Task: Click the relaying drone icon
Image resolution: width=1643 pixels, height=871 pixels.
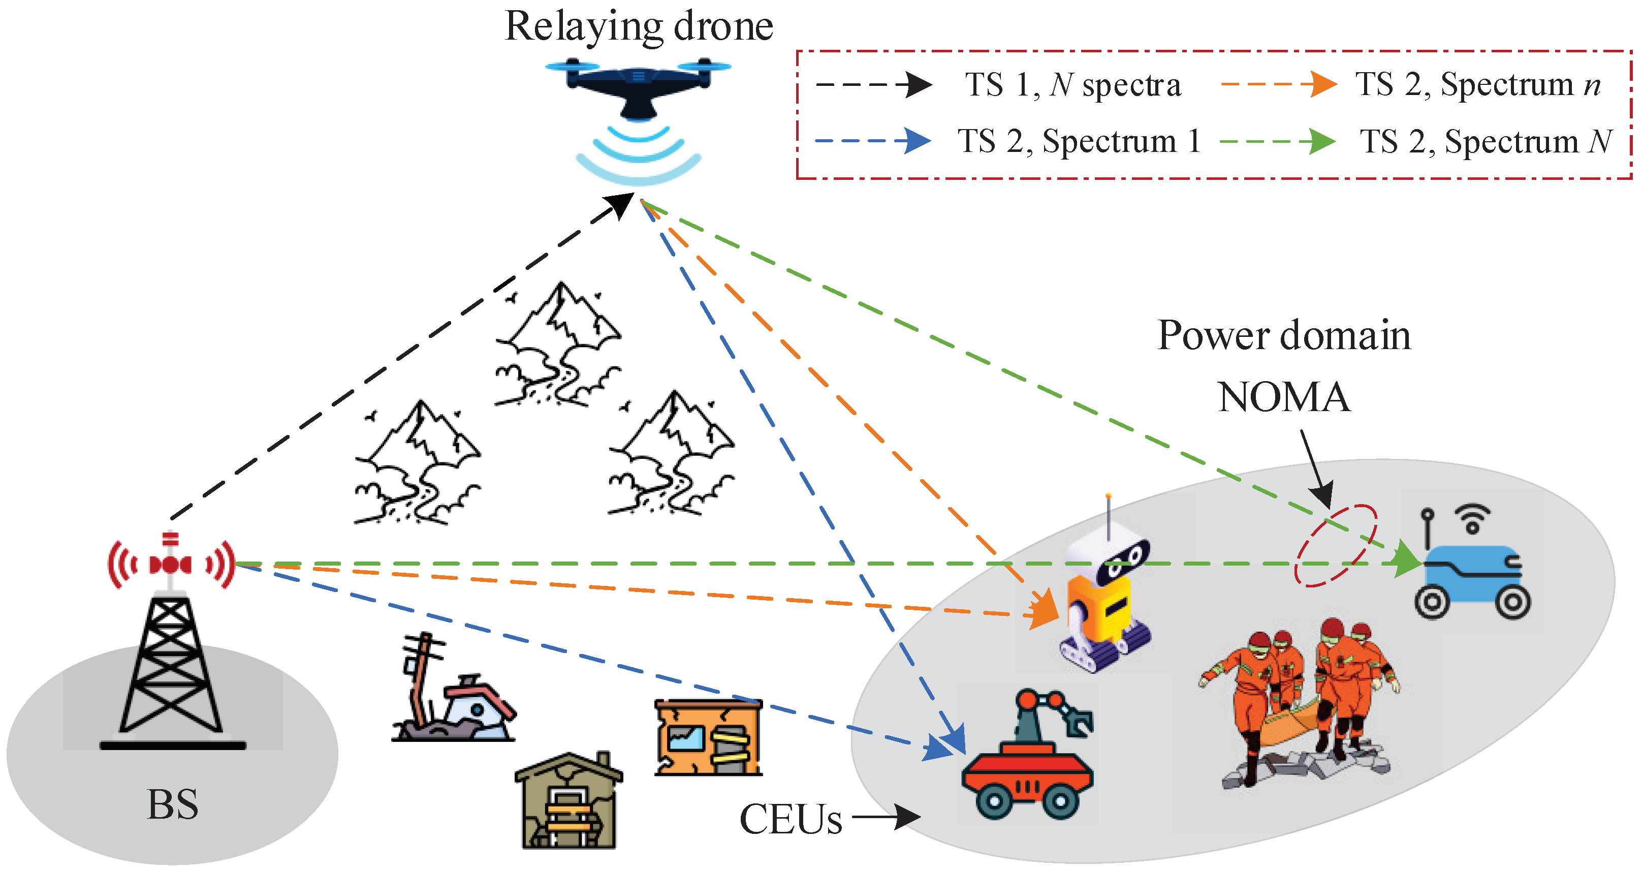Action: tap(638, 89)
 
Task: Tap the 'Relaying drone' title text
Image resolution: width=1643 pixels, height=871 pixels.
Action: tap(639, 27)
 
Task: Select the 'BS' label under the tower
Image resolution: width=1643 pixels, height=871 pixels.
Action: tap(172, 804)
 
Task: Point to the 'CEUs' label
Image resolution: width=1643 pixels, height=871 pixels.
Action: tap(789, 819)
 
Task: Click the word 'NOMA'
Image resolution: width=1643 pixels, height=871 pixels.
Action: tap(1283, 397)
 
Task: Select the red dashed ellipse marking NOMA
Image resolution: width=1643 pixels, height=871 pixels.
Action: tap(1336, 546)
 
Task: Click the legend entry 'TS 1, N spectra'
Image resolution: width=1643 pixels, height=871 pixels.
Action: tap(1071, 85)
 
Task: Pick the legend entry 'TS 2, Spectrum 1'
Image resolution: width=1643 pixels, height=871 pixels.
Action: tap(1078, 141)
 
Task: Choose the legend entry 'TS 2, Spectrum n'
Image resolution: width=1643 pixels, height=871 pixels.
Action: tap(1476, 85)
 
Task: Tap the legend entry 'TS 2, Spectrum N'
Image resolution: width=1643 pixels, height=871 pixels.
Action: tap(1485, 141)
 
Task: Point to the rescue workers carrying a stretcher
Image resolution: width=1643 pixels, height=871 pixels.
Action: tap(1301, 702)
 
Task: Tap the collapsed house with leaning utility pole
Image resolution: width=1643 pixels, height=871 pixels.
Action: tap(453, 696)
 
